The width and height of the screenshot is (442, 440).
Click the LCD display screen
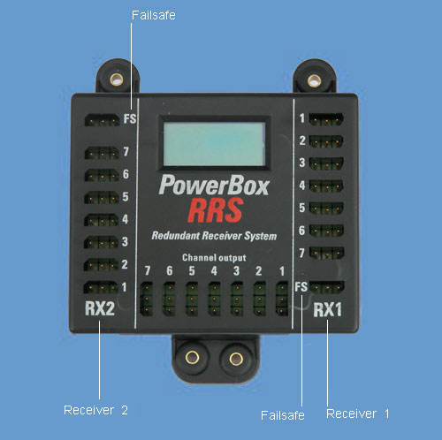point(214,144)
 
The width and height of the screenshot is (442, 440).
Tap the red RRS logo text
point(216,210)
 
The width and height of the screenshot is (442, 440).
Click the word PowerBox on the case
point(214,186)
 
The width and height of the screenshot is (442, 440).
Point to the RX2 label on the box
point(100,308)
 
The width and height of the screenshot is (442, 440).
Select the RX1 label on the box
point(328,309)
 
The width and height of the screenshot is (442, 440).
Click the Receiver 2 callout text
point(95,410)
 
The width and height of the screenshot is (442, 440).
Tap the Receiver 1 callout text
point(358,413)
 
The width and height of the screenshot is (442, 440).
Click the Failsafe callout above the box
point(154,15)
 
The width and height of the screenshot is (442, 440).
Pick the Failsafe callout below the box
point(283,415)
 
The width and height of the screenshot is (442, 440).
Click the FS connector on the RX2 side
point(102,120)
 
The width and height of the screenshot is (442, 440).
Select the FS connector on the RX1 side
point(327,287)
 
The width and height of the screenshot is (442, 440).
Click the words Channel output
point(214,258)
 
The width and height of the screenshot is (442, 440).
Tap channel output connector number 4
point(214,299)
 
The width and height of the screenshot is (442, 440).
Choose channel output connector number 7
point(146,299)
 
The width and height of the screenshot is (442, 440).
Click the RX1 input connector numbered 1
point(326,119)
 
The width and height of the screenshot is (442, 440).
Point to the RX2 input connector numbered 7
point(102,153)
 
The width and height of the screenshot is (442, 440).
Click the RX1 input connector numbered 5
point(326,209)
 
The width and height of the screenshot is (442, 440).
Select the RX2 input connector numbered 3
point(102,242)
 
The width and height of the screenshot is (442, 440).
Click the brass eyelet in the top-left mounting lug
point(117,80)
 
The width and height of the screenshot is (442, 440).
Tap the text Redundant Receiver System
point(214,236)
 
